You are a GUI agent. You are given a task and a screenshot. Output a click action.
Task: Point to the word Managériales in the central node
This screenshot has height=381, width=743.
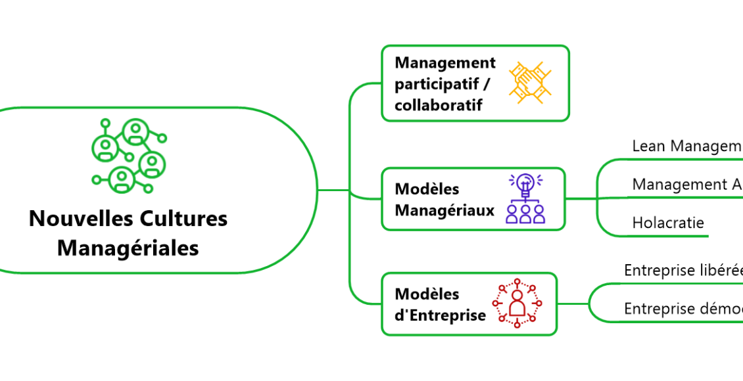click(128, 248)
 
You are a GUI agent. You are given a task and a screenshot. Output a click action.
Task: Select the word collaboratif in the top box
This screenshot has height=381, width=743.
click(438, 105)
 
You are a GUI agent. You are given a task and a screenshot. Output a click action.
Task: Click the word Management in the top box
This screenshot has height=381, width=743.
click(445, 63)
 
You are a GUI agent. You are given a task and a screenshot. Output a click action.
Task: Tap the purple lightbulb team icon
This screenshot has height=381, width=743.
click(525, 198)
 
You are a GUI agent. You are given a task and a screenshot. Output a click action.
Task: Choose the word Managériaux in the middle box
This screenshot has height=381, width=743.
click(444, 210)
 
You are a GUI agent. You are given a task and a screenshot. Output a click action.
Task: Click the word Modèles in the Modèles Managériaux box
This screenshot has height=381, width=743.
click(427, 189)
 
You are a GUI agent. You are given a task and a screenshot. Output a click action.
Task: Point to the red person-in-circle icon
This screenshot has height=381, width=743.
click(517, 303)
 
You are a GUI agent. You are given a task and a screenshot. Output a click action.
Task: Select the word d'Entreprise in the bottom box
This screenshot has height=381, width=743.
click(440, 315)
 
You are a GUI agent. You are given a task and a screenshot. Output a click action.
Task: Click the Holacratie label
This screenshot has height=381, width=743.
click(668, 223)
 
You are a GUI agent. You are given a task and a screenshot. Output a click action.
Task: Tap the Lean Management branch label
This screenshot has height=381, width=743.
click(686, 146)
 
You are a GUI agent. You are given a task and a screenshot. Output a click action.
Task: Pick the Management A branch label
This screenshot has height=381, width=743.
click(686, 185)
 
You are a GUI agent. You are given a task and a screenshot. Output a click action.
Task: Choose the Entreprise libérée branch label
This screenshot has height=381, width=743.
click(683, 271)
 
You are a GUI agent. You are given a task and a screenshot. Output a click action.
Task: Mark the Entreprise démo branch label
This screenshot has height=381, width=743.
click(683, 309)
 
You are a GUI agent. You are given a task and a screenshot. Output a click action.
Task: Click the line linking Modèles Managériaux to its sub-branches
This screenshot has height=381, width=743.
click(581, 198)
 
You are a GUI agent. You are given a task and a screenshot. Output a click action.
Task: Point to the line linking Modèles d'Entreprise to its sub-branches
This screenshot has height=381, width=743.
click(573, 303)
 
